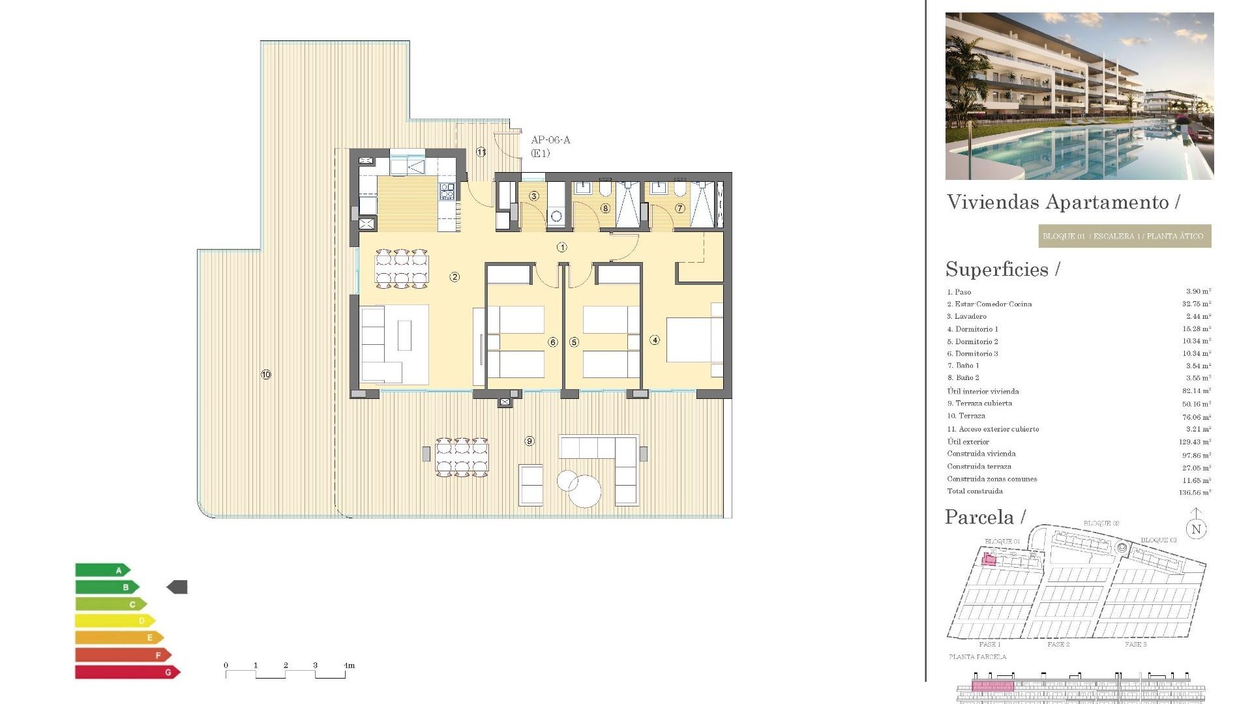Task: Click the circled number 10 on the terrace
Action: pos(266,375)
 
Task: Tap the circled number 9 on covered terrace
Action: pos(529,441)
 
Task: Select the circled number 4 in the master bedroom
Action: pos(655,340)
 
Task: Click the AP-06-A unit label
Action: pos(550,140)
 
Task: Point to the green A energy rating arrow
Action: pos(102,570)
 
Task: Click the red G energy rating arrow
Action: pos(127,672)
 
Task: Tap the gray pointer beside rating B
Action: pos(177,587)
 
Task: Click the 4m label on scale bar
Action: pos(349,666)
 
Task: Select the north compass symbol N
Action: pos(1196,529)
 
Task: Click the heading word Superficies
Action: pos(997,269)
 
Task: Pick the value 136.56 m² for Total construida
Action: pos(1195,492)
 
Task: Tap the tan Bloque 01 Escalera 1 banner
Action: pos(1124,236)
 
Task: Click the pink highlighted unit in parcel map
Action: pos(989,559)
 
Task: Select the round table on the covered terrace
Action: pos(584,491)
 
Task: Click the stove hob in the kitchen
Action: pos(447,191)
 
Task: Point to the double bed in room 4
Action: pos(694,340)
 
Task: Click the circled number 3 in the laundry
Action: pos(534,196)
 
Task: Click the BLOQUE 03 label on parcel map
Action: pos(1158,540)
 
